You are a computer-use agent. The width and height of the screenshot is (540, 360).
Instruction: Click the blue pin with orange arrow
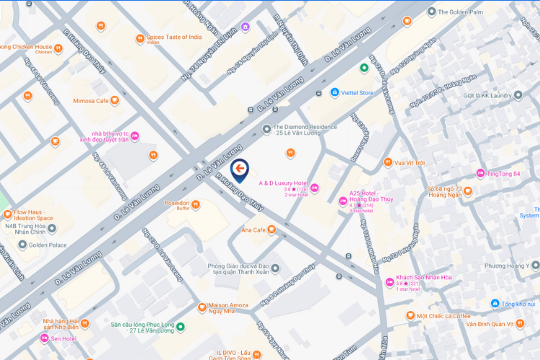[240, 171]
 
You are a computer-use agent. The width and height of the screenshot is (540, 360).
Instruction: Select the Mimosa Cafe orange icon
[114, 100]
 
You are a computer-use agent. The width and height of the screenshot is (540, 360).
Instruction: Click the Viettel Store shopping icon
[334, 93]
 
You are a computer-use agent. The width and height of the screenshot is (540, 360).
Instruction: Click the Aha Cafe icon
[271, 230]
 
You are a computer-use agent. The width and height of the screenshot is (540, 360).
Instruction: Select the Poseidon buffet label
[176, 204]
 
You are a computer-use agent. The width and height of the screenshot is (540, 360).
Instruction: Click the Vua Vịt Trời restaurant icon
[387, 162]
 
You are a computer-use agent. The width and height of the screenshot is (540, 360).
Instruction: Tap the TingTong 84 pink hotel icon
[481, 174]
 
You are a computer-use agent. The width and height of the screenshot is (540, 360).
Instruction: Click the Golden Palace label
[47, 245]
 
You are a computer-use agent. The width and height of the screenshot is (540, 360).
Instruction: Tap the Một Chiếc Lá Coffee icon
[410, 315]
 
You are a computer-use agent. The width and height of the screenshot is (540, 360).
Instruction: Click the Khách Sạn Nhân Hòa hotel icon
[390, 282]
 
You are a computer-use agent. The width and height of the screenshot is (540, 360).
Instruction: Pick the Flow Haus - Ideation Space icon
[7, 214]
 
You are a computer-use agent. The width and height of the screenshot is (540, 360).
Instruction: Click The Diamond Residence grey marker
[266, 130]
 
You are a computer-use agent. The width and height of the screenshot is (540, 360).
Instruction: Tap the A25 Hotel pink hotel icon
[343, 200]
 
